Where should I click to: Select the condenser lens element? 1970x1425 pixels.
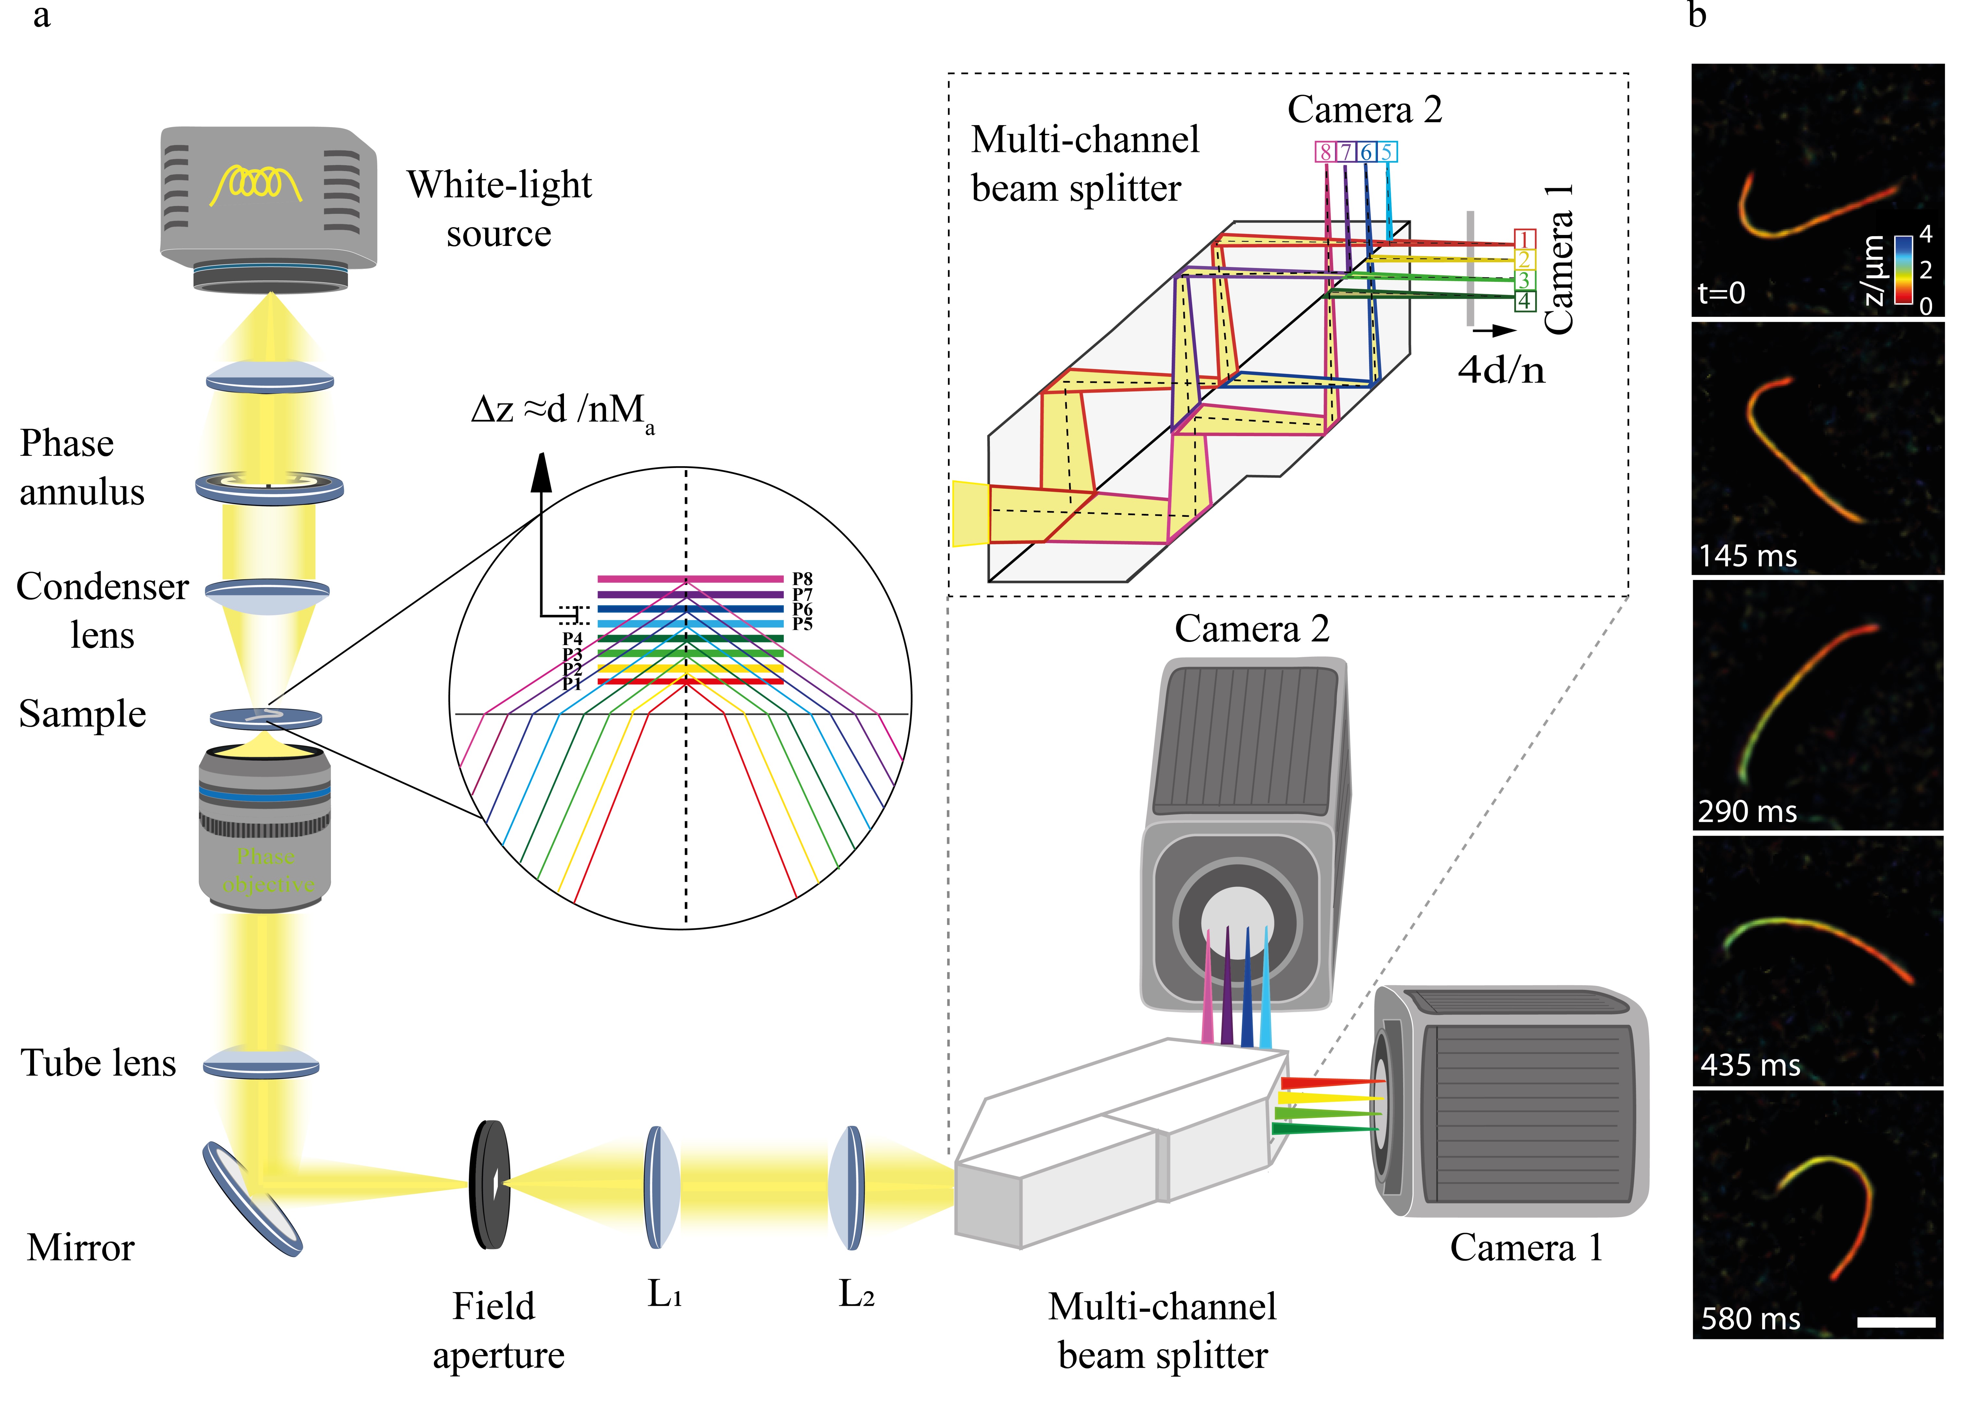click(x=267, y=593)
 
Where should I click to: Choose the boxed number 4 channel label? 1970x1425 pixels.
click(x=1524, y=301)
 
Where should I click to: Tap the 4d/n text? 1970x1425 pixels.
click(x=1501, y=371)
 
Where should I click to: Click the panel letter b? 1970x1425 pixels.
click(x=1696, y=16)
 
